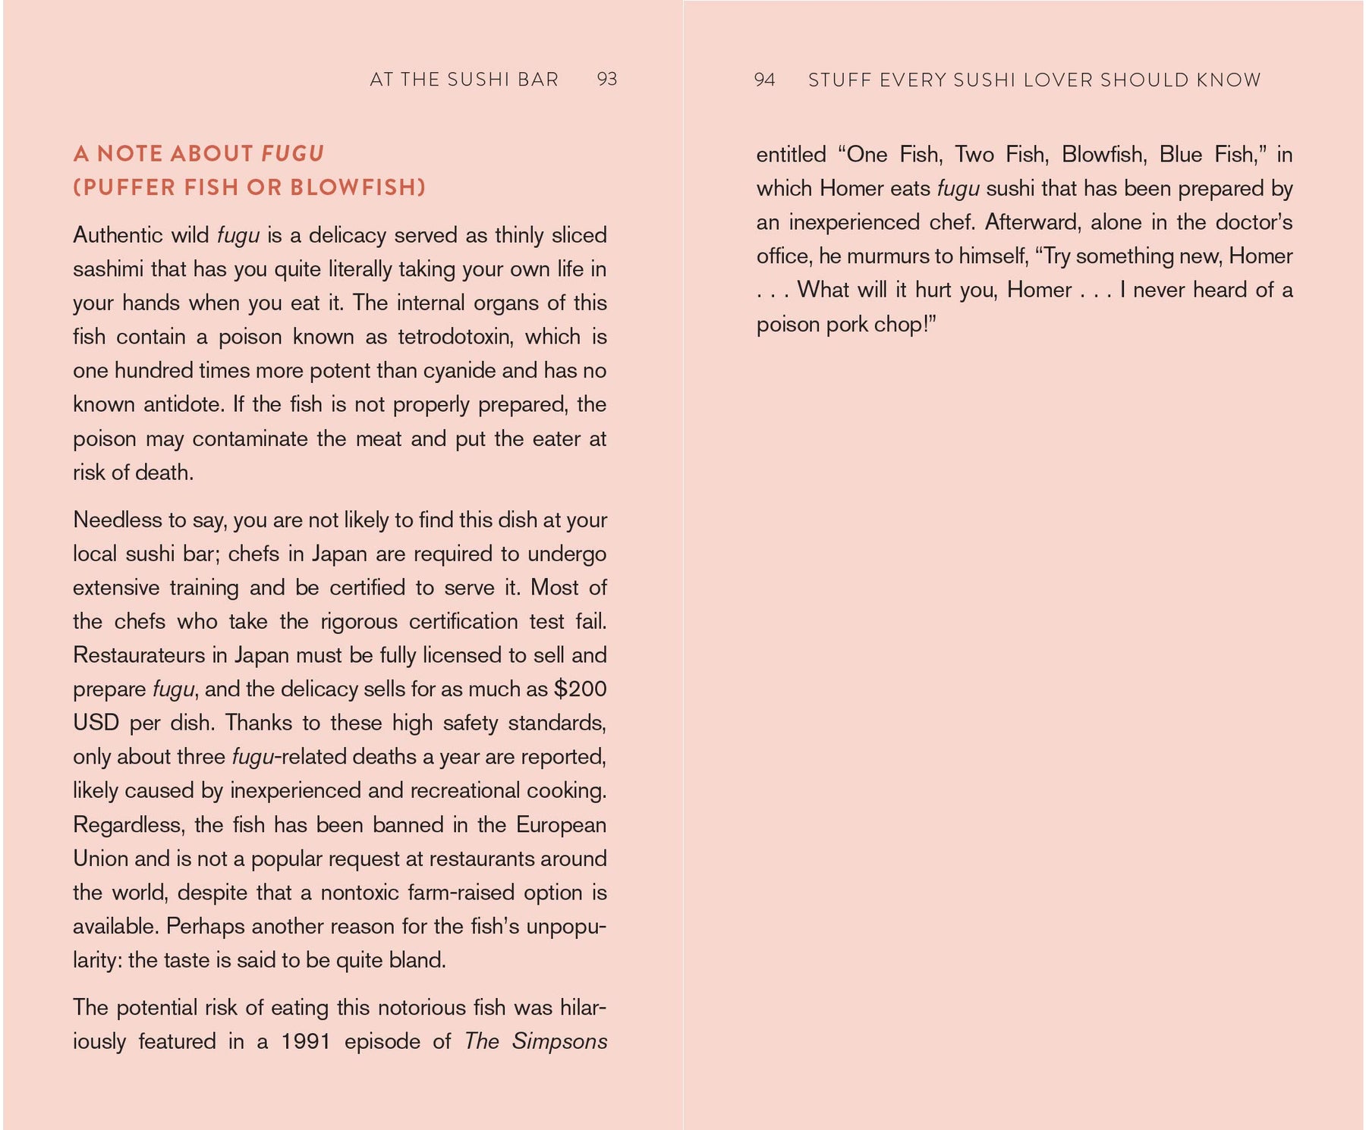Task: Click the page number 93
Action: (607, 80)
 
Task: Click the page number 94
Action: (764, 80)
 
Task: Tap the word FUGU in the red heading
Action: (293, 154)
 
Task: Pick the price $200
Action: (581, 689)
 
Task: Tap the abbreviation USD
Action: (96, 723)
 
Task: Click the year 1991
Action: (306, 1041)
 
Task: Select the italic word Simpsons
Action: (560, 1041)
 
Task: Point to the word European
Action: (562, 825)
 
